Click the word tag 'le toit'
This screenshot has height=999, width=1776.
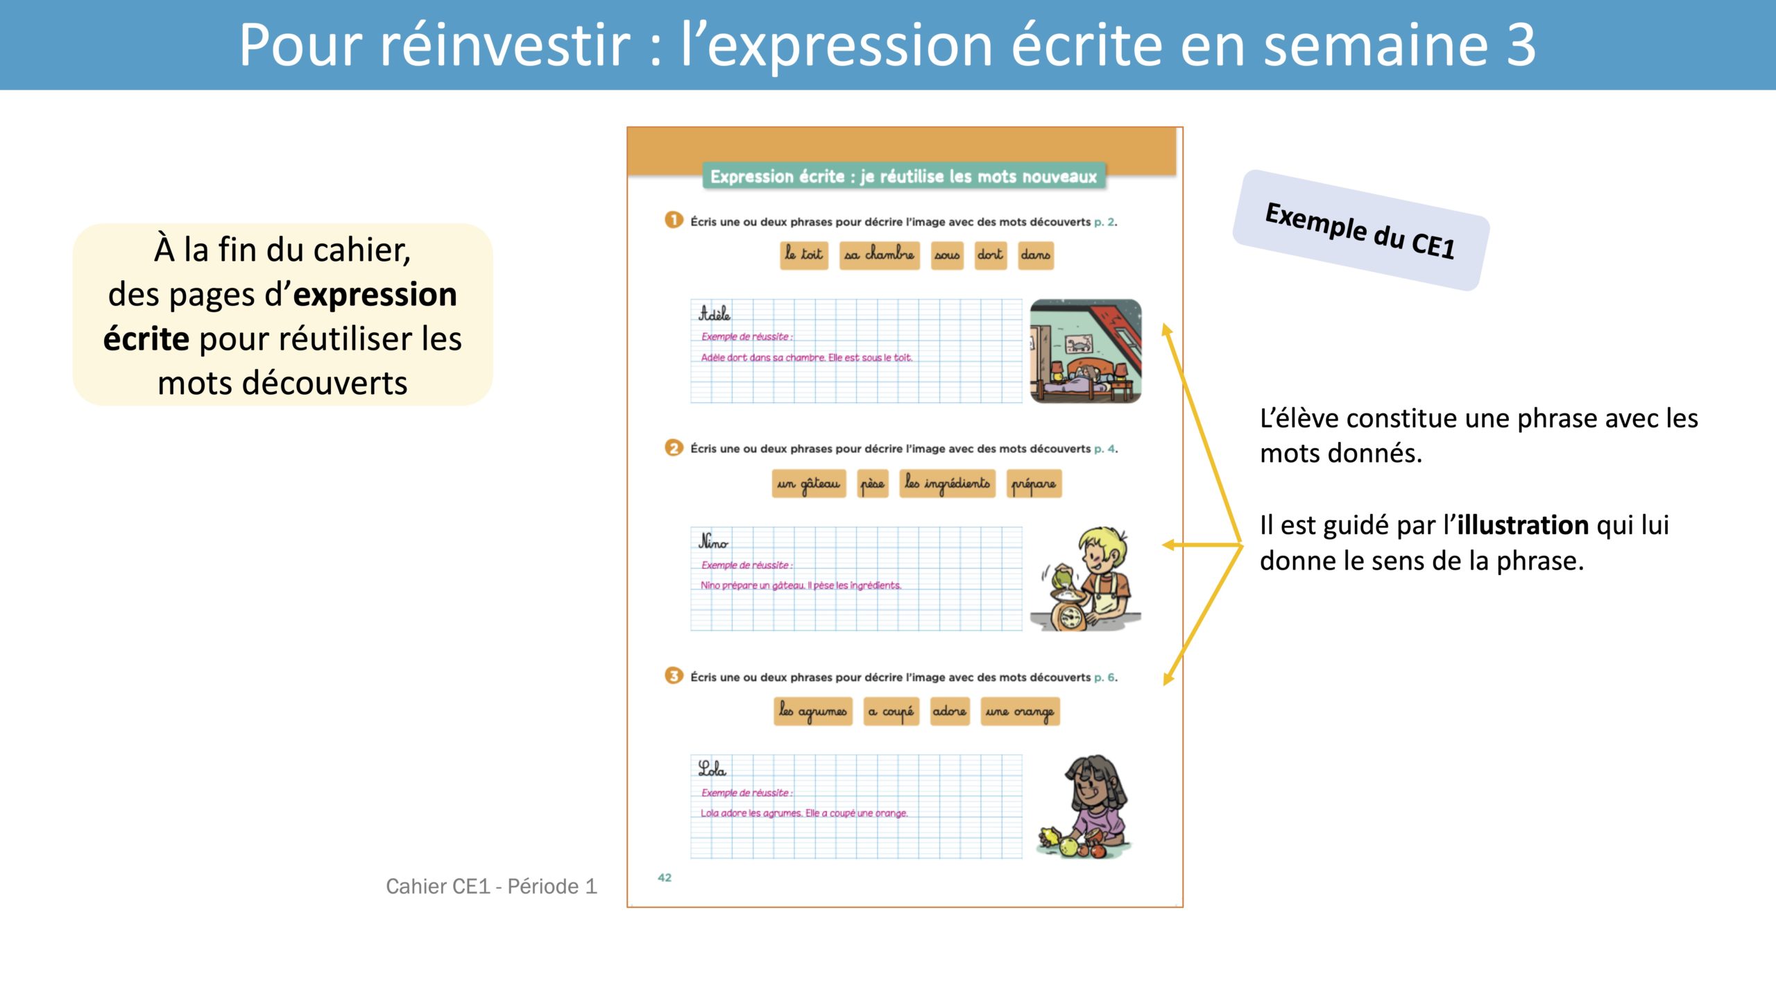(804, 255)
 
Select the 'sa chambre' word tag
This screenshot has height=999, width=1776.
(879, 255)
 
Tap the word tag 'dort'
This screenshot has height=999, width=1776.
(991, 255)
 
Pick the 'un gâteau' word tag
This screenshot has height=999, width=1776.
(809, 484)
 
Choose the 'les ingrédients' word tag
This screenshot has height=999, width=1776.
(948, 484)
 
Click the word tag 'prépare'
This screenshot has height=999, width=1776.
(1034, 484)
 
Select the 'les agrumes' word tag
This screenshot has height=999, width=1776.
(813, 712)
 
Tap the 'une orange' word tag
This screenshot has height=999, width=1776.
(1020, 712)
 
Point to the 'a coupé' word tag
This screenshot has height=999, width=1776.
(891, 712)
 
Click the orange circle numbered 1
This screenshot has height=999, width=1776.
(674, 220)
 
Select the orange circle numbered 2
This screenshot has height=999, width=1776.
(674, 447)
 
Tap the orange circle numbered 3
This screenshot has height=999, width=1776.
(674, 676)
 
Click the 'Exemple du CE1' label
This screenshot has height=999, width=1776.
(1360, 230)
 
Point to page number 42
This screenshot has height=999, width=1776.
(665, 878)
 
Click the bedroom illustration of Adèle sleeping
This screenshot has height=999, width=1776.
(1086, 351)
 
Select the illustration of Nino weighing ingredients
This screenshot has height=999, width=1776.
(1086, 579)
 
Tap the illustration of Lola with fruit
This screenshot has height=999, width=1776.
(1085, 807)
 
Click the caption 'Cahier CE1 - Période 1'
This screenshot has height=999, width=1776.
(491, 887)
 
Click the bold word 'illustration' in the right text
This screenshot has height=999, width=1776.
(1523, 525)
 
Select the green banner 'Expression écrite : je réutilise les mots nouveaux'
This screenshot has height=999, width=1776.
(903, 176)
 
